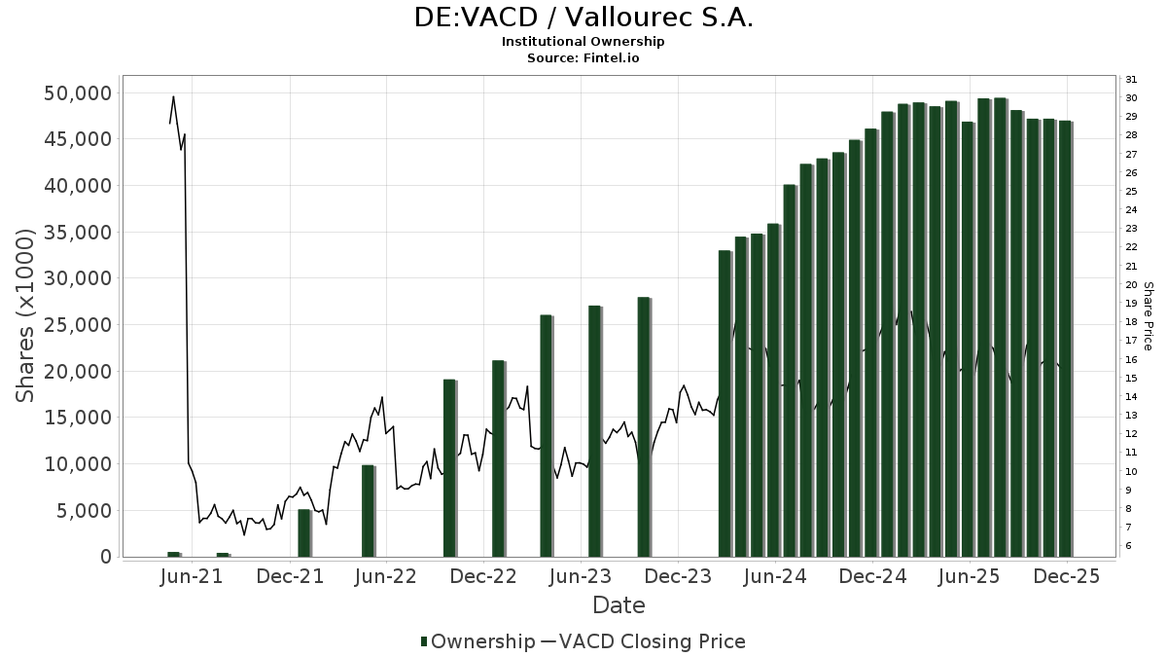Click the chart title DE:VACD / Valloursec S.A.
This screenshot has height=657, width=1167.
tap(583, 18)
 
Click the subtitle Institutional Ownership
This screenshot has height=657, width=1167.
tap(583, 42)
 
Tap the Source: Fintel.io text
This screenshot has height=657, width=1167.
tap(583, 57)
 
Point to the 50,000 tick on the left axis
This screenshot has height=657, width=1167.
tap(78, 93)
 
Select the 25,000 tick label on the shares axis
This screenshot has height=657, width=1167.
tap(78, 325)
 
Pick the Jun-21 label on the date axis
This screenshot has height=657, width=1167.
tap(192, 576)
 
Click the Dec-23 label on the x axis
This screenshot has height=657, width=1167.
tap(678, 576)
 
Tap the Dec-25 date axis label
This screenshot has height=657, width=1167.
tap(1067, 576)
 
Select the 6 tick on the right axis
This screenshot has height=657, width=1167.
tap(1129, 546)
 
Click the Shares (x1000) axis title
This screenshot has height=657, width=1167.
tap(26, 315)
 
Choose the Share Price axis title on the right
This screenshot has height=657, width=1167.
tap(1148, 315)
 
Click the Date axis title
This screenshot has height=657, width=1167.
tap(619, 605)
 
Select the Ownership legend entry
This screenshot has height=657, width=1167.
tap(477, 641)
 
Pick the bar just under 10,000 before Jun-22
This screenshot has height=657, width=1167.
tap(368, 511)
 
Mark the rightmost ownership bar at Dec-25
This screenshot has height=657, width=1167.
tap(1065, 339)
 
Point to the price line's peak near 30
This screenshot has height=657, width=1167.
tap(173, 96)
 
